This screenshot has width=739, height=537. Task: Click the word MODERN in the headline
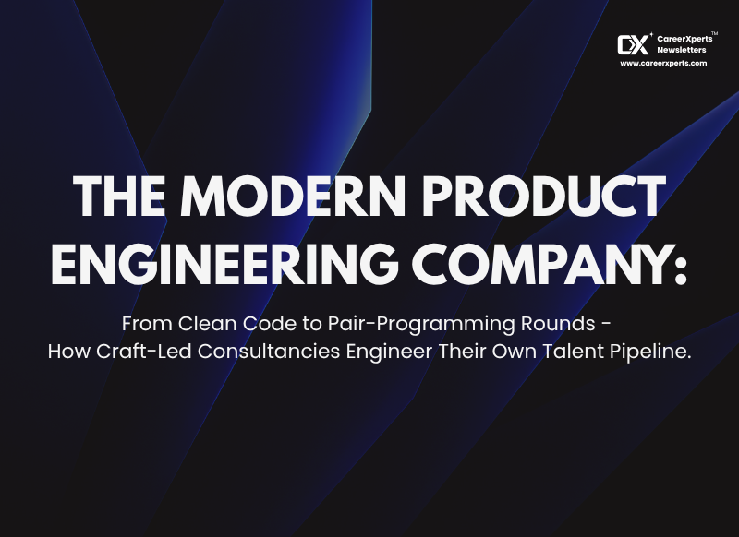point(293,196)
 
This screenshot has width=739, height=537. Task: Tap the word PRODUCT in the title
point(544,196)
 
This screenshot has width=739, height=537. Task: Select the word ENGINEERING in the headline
point(224,264)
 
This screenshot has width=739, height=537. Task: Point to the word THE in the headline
point(119,196)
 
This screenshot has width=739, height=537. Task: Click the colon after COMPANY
point(680,269)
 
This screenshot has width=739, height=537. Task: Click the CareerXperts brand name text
point(684,39)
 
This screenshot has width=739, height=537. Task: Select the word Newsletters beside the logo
point(682,50)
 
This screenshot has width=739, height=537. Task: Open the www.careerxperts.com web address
point(663,63)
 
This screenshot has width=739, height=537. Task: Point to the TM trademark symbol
point(714,33)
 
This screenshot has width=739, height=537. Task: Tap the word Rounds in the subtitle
point(558,324)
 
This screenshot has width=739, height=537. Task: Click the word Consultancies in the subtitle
point(269,352)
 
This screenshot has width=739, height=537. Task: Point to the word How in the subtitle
point(69,352)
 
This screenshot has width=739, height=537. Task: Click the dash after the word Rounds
point(607,324)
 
